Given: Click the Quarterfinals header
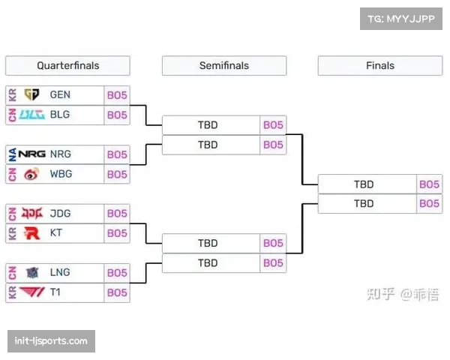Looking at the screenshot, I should tap(67, 66).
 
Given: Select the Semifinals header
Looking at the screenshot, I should tap(223, 66).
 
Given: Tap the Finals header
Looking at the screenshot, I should tap(379, 66).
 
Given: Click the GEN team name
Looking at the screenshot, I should tap(61, 95).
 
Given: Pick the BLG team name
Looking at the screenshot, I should tap(60, 115).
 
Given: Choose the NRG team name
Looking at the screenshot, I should tap(61, 154).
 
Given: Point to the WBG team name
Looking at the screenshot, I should tap(61, 174).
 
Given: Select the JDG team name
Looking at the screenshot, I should tap(61, 214).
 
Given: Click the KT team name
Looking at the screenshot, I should tap(56, 233).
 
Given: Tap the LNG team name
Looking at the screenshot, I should tap(61, 273).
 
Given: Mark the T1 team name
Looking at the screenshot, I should tap(55, 292).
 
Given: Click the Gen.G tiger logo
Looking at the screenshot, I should tap(31, 95).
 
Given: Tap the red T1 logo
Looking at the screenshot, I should tap(31, 292).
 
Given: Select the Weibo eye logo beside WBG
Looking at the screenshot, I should tap(31, 174).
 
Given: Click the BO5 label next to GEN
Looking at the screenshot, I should tap(117, 95).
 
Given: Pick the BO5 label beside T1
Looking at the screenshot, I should tap(117, 292).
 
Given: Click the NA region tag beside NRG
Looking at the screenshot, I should tap(12, 154).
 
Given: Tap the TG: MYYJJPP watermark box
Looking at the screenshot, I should tap(401, 19).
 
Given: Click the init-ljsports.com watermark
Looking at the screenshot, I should tap(51, 341).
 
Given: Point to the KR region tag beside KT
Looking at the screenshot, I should tap(12, 233).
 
